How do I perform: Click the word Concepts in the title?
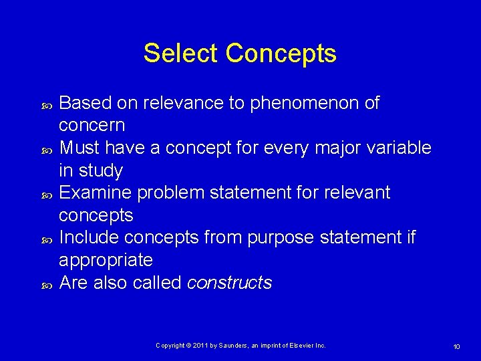[x=281, y=53]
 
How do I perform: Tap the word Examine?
[x=96, y=193]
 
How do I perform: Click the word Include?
[x=90, y=238]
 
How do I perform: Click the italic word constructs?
[x=229, y=283]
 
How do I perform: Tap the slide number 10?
[x=456, y=346]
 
